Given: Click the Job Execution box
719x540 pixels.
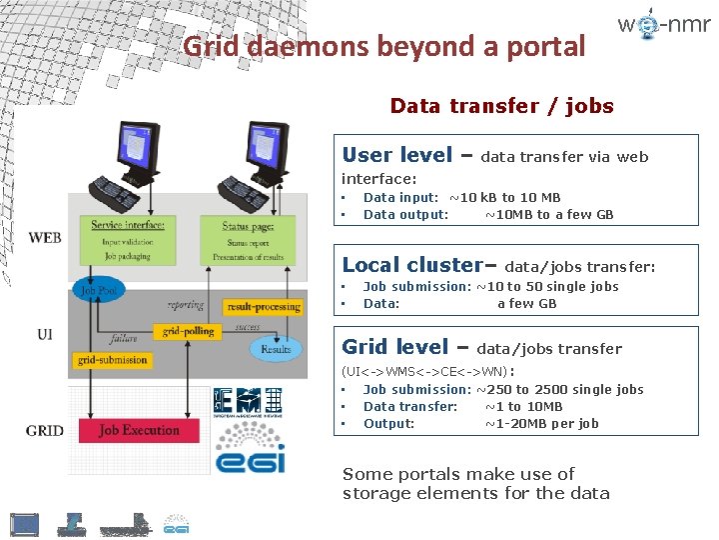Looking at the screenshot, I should point(139,431).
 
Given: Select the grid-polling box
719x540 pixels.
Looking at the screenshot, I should point(187,331).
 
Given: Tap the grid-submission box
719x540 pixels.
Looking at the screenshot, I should point(112,360).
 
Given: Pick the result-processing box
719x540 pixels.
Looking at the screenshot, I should point(263,306).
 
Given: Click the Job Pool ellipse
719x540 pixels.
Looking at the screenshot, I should point(100,291).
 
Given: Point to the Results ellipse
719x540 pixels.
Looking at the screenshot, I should point(276,348).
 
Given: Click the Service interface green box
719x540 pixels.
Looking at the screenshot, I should point(128,241).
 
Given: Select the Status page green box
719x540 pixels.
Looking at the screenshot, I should point(248,241).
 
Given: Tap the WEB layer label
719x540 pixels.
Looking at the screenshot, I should point(45,238).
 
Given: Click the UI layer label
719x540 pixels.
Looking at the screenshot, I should point(45,335).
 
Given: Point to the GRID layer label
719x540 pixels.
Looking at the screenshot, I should point(45,431).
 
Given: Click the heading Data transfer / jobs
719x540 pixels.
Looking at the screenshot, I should point(501,106).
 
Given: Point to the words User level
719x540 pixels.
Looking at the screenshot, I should point(396,155).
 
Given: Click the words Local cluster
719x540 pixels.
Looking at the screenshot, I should point(411,265).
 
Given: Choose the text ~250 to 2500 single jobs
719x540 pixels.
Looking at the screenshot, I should point(559,389).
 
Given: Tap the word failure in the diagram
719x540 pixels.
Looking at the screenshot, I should point(125,339).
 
